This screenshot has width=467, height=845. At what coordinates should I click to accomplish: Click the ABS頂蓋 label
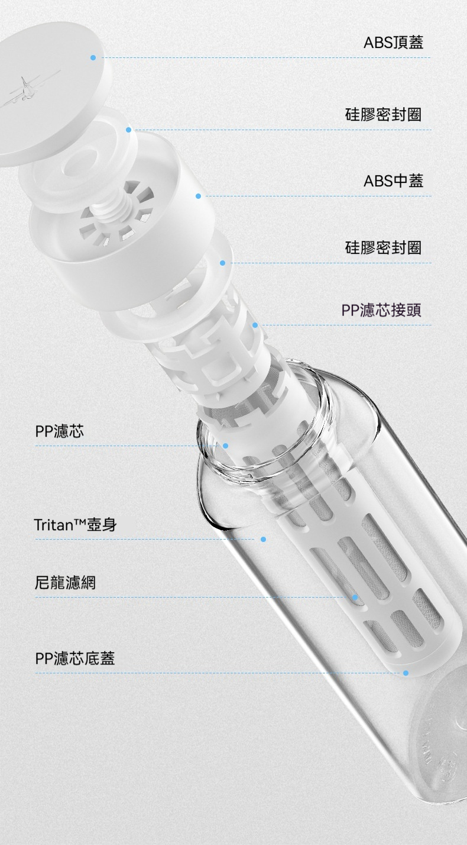tap(393, 42)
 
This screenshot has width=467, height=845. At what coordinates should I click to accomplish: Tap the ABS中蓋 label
tap(393, 180)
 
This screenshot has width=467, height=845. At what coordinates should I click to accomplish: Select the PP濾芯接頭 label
tap(381, 310)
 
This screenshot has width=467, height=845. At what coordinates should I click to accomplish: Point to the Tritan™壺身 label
tap(76, 525)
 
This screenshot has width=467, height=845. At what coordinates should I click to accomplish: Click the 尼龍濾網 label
tap(65, 582)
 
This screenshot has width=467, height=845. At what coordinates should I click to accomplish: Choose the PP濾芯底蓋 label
tap(74, 658)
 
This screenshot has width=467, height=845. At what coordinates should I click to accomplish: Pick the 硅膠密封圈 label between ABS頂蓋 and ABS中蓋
tap(383, 114)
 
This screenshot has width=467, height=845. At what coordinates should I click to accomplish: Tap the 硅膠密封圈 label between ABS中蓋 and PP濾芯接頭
tap(383, 247)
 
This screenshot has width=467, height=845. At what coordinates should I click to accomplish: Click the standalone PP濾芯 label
tap(60, 431)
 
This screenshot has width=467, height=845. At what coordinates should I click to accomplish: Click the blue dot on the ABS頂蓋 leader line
tap(93, 57)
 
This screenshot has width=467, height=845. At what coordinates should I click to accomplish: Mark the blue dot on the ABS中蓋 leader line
tap(198, 196)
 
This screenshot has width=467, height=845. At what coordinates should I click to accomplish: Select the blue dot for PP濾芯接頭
tap(255, 325)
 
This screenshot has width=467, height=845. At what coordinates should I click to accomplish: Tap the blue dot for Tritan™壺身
tap(264, 540)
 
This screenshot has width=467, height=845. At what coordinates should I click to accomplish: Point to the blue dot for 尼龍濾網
tap(355, 598)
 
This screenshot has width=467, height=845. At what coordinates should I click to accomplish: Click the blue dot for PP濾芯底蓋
tap(406, 673)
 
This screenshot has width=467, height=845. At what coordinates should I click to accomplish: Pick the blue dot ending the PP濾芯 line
tap(225, 446)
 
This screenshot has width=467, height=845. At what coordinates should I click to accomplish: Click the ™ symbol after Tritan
tap(80, 522)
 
